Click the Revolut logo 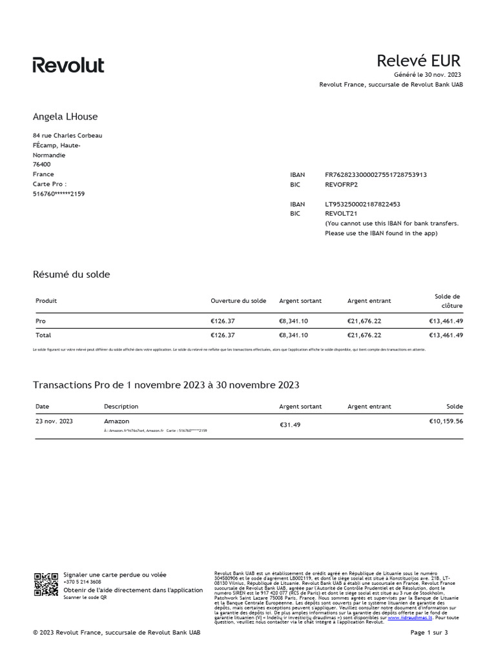click(x=68, y=65)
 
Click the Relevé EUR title click(x=418, y=61)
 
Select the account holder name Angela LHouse click(x=65, y=117)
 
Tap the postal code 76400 click(x=42, y=165)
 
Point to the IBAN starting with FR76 click(x=376, y=175)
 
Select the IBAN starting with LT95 click(x=362, y=204)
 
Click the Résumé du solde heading click(x=71, y=274)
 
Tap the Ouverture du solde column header click(x=238, y=301)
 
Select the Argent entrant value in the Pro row click(x=364, y=321)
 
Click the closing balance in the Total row click(x=446, y=336)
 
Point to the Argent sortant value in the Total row click(x=293, y=336)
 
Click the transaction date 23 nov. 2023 click(x=54, y=421)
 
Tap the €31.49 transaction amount click(x=290, y=425)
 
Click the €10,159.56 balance click(x=446, y=421)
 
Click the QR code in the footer click(x=46, y=584)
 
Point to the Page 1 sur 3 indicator click(x=429, y=633)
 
